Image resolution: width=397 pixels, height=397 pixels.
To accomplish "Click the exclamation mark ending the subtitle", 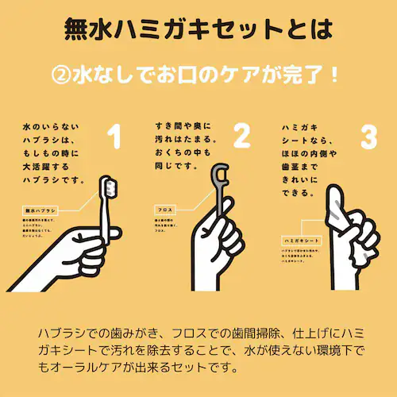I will tap(334, 76).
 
